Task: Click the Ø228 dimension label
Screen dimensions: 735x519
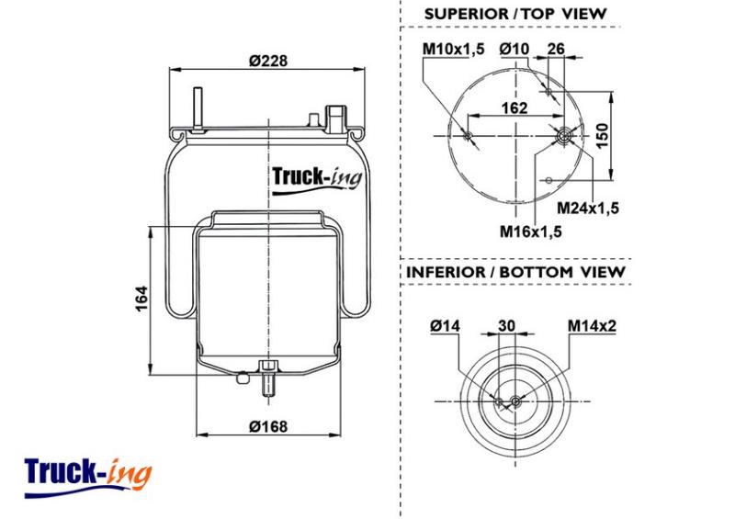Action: click(267, 61)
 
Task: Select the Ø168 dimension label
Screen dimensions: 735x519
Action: click(268, 426)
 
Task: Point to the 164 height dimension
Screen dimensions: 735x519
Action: click(141, 299)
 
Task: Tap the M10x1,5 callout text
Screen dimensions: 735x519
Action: click(453, 49)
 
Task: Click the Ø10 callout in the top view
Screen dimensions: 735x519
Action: click(514, 49)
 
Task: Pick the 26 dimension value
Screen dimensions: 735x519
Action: click(556, 49)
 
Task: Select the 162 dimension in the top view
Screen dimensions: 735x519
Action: click(514, 107)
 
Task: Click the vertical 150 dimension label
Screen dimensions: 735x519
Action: click(602, 135)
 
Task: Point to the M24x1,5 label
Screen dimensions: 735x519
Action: click(588, 208)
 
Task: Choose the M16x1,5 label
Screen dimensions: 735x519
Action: click(531, 231)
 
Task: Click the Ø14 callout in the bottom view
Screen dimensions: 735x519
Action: click(446, 325)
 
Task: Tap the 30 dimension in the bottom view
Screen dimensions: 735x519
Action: click(507, 325)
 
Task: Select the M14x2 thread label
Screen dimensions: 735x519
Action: click(592, 325)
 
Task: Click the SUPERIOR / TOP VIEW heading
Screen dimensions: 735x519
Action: click(515, 14)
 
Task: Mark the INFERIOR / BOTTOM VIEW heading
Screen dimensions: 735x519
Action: click(515, 272)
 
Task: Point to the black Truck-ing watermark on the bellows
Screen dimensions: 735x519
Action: click(317, 179)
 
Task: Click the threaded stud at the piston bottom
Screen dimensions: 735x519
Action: click(269, 378)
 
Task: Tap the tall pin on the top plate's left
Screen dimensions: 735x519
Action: click(198, 109)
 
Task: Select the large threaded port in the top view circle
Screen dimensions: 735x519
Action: click(562, 136)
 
